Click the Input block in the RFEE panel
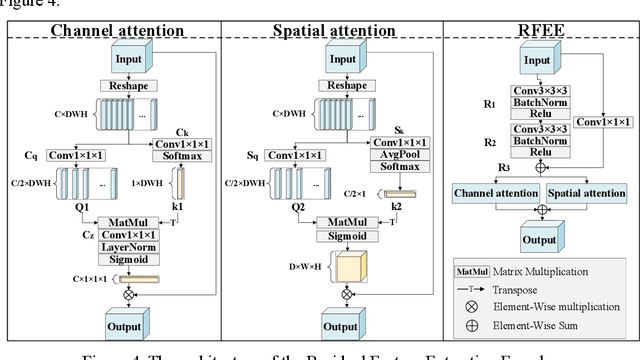coord(538,59)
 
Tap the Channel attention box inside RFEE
coord(491,190)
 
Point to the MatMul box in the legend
coord(471,270)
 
